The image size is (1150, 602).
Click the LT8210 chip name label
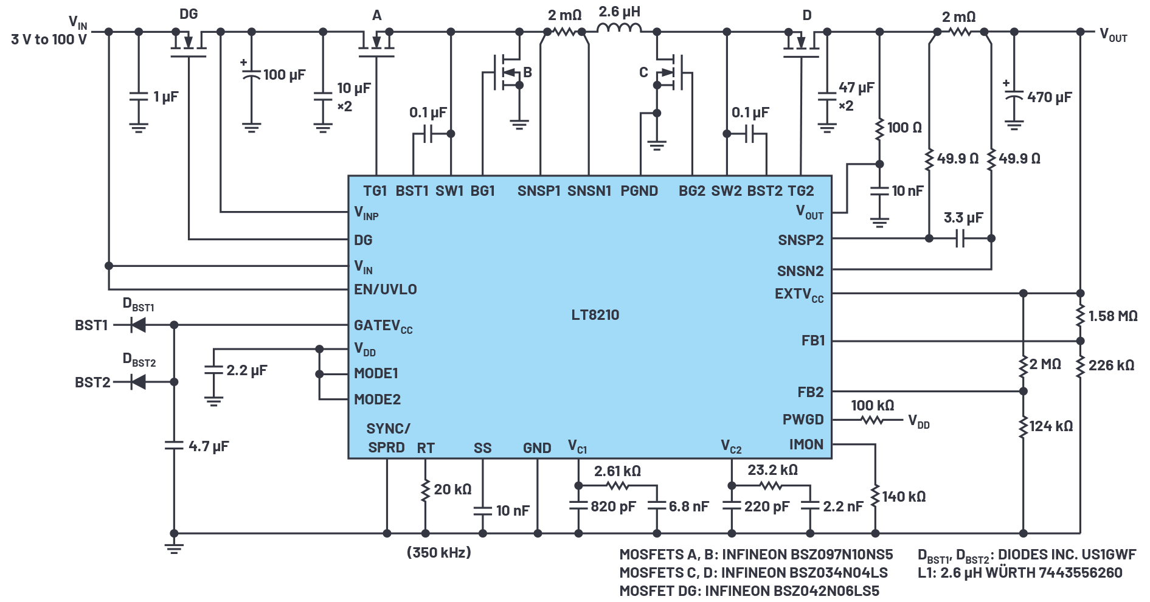(595, 315)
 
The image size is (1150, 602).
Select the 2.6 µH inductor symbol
(618, 29)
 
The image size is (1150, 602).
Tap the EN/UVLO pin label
(386, 289)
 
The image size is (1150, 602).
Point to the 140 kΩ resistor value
(904, 497)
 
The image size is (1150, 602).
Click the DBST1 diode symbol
(138, 325)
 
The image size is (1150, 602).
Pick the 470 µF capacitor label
(1049, 97)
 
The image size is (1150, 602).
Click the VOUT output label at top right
(1114, 35)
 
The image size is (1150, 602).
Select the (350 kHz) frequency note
(438, 553)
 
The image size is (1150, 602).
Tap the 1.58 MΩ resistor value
(1112, 316)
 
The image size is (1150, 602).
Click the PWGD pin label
(803, 420)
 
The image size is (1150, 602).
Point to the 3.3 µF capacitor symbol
(960, 238)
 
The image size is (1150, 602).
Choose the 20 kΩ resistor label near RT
(452, 490)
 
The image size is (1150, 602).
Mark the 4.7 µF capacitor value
(209, 446)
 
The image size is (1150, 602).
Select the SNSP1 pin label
(539, 191)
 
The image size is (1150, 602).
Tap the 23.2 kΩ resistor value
(772, 470)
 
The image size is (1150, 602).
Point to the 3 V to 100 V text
(49, 40)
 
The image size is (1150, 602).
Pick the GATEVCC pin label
(383, 327)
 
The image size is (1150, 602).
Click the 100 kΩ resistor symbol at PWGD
(873, 420)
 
